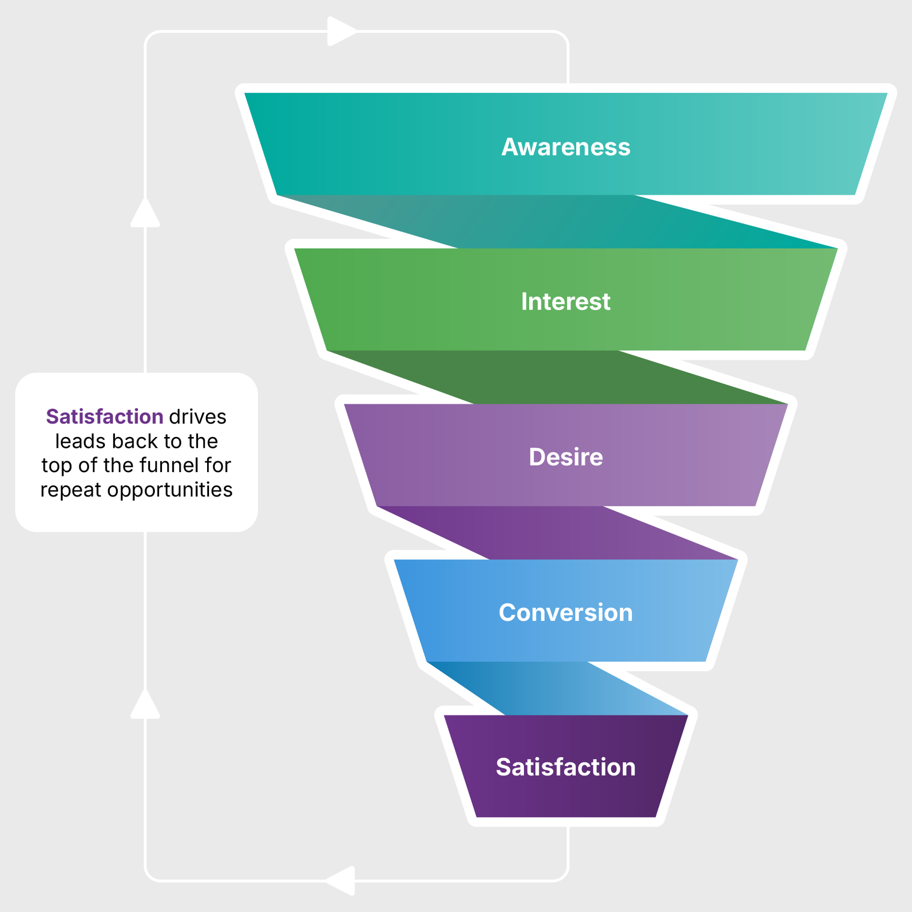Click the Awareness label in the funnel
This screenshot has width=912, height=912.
pos(566,147)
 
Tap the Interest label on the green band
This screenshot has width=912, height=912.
pos(565,302)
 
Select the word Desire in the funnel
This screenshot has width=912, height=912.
pos(566,457)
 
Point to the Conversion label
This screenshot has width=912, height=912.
pos(566,613)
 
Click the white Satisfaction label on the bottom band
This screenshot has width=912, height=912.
pos(566,767)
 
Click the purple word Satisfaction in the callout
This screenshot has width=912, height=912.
pos(105,417)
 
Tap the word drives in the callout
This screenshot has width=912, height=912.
pos(198,417)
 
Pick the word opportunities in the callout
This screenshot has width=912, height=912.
pos(170,490)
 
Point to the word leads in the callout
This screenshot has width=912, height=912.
pos(80,441)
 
